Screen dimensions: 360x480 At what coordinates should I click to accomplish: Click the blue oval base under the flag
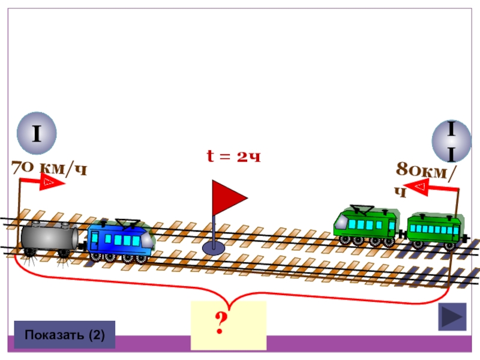click(x=214, y=247)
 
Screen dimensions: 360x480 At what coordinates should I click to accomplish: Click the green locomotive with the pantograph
click(x=365, y=224)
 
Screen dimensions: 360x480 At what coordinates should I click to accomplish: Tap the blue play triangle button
click(x=452, y=317)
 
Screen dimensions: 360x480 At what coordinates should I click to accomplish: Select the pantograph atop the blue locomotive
click(x=128, y=223)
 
